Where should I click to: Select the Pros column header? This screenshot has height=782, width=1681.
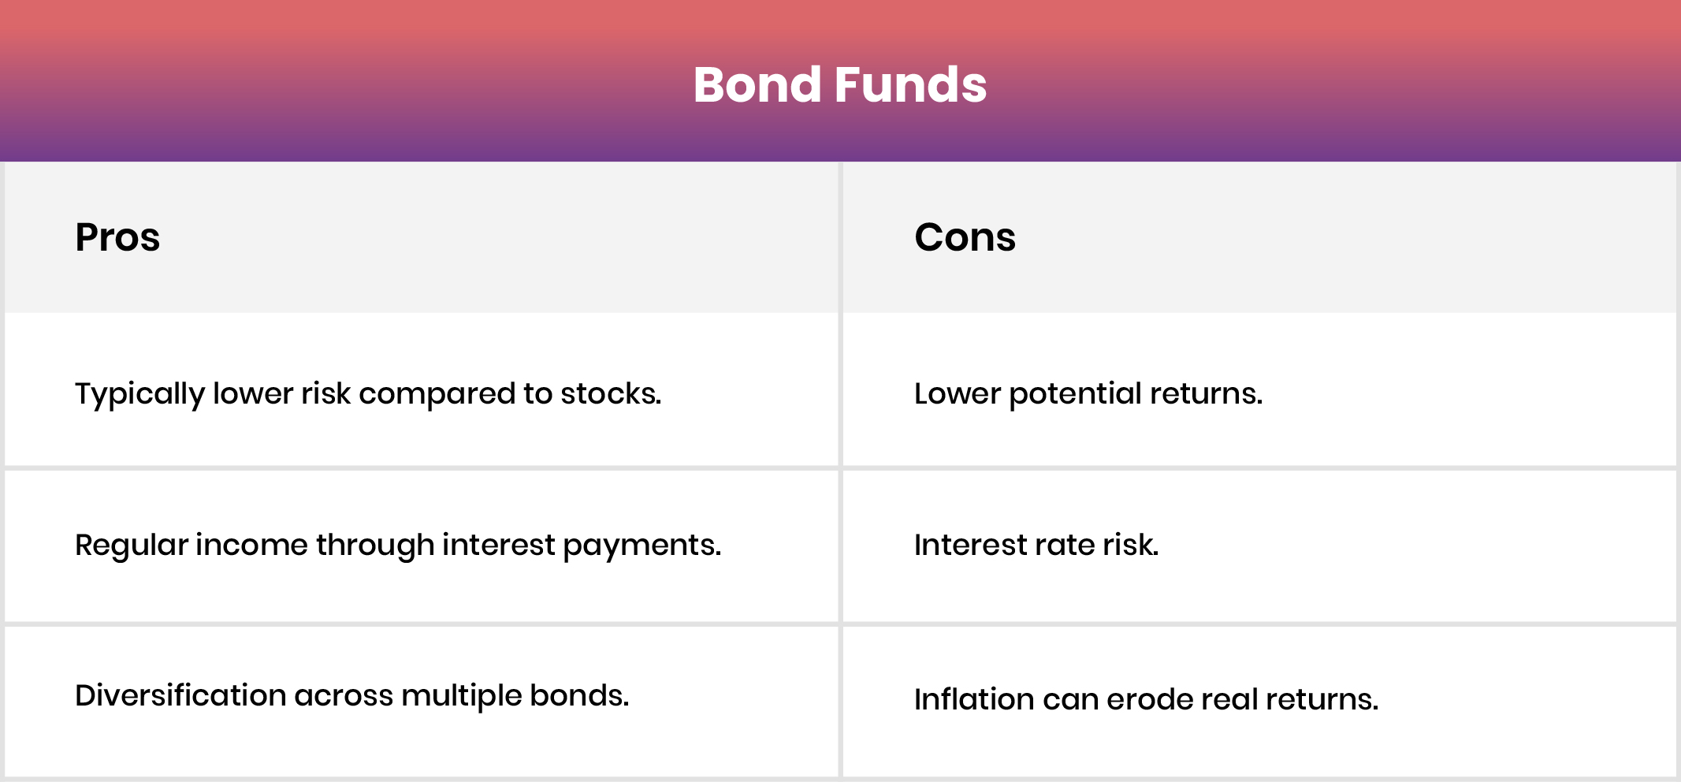pos(117,237)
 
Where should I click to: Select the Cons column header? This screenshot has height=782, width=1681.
pos(965,237)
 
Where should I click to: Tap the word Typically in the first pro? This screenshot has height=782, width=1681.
pos(139,393)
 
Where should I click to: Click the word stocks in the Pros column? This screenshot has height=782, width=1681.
pos(609,393)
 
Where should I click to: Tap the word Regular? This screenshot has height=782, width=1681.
pos(131,545)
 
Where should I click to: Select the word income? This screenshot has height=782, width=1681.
pos(251,545)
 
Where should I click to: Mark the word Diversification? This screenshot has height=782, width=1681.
pos(180,695)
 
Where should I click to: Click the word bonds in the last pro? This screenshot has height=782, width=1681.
pos(578,695)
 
